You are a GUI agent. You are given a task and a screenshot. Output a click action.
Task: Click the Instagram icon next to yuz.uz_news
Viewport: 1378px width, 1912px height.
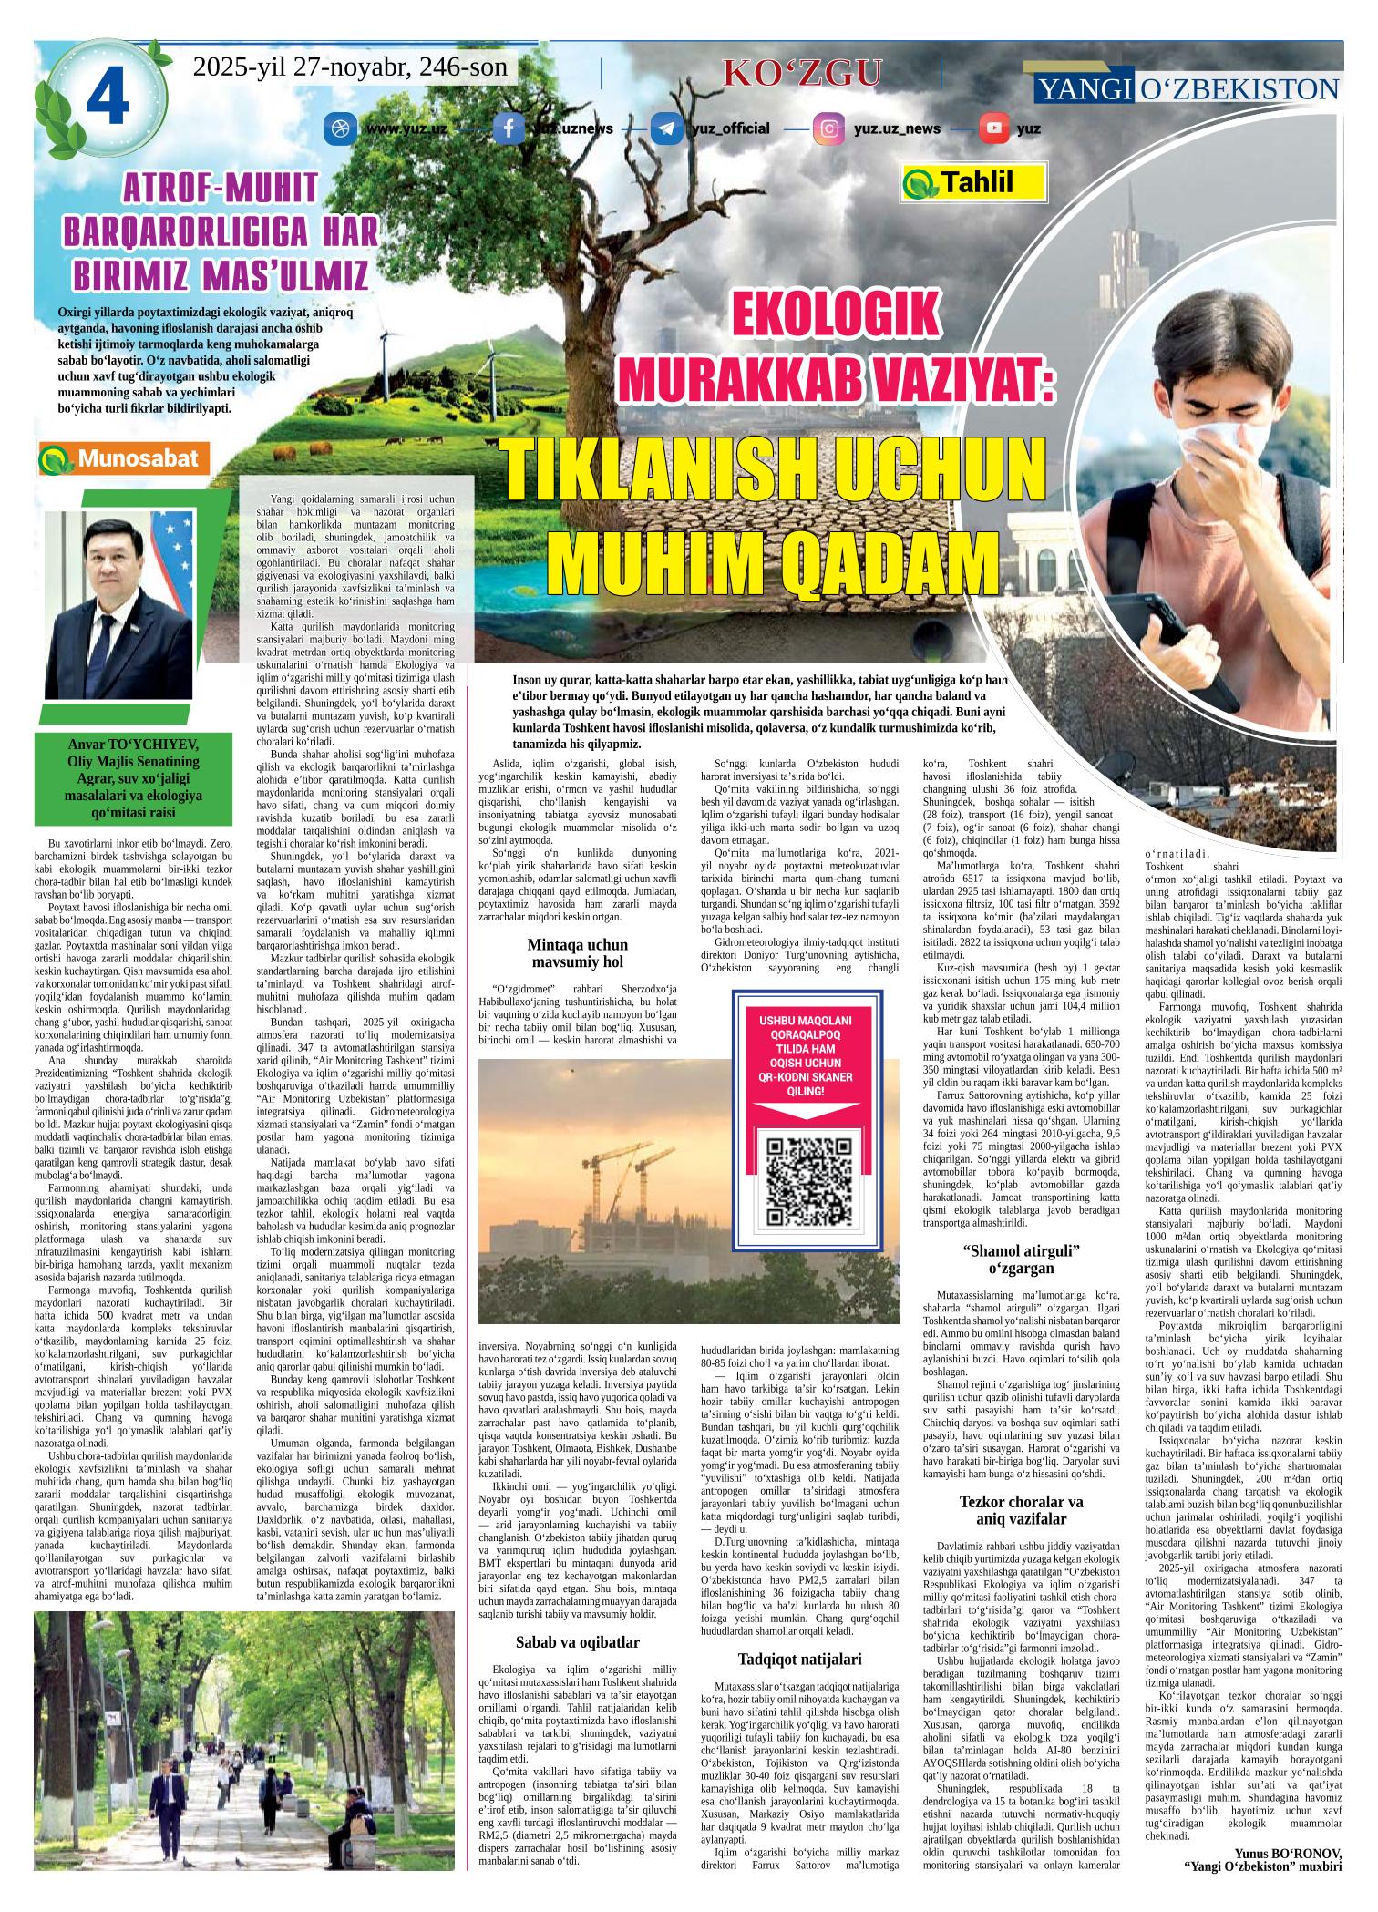click(828, 128)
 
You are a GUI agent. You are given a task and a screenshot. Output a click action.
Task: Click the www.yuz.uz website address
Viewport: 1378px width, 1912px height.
click(406, 129)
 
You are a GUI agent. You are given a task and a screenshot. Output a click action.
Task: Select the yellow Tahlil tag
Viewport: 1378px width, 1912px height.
click(970, 182)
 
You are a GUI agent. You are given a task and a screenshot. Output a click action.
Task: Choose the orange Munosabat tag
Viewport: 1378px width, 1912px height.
click(125, 459)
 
